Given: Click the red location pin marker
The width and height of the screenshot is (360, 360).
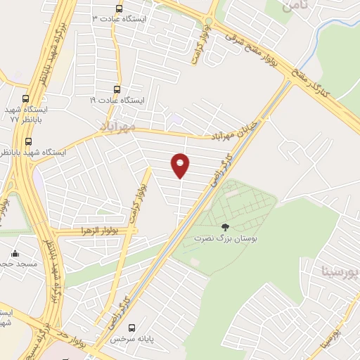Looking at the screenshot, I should [x=181, y=165].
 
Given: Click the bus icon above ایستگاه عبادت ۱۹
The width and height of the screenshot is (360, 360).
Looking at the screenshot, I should [x=117, y=89].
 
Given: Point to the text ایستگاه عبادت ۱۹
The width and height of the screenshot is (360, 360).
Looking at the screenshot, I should [x=117, y=101].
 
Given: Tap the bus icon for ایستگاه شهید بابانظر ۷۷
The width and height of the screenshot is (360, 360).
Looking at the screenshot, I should [x=26, y=99].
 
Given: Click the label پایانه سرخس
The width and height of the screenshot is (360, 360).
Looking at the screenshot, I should [x=131, y=338].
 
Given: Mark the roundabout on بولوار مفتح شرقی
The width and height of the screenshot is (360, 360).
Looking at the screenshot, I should [x=209, y=20].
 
